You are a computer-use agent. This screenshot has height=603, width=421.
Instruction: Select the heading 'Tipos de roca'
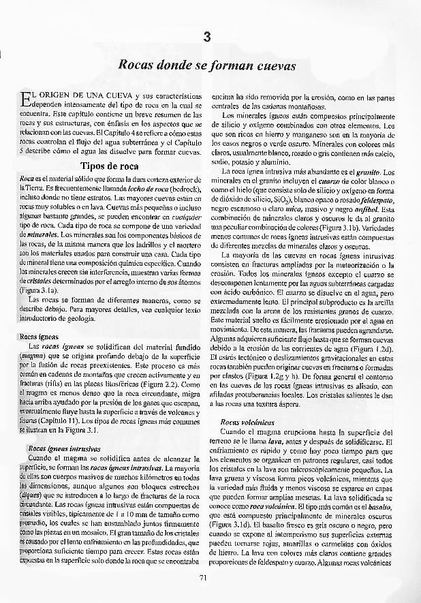point(109,166)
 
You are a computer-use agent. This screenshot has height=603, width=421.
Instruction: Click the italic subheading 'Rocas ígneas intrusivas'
point(65,449)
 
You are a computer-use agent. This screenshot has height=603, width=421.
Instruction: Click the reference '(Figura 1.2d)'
point(374,347)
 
